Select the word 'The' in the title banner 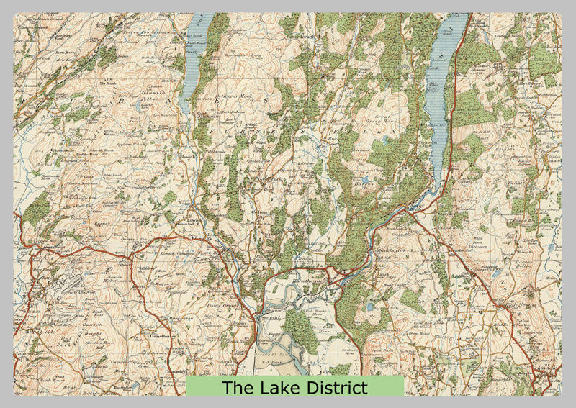pyautogui.click(x=234, y=388)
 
